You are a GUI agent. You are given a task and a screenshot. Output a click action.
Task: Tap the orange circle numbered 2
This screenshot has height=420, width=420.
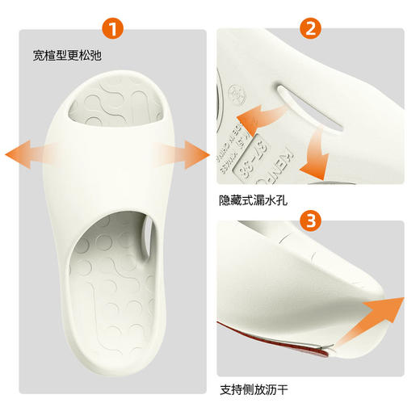tap(311, 31)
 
